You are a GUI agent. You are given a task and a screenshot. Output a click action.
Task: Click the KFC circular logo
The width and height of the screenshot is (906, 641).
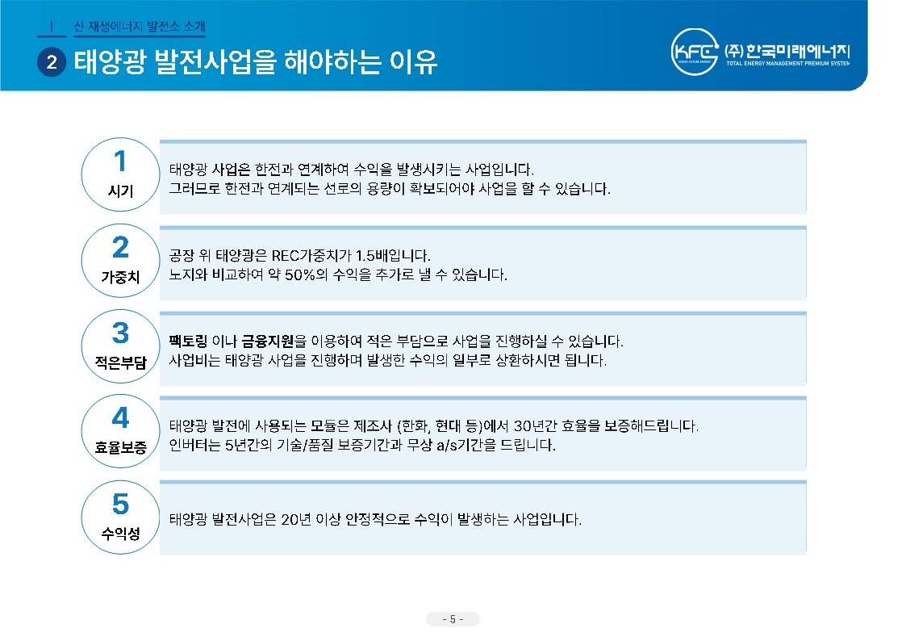point(696,52)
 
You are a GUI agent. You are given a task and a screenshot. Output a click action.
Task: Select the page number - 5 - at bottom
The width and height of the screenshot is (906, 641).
point(453,619)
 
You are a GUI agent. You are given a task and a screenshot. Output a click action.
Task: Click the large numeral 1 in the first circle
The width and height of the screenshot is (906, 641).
point(120,161)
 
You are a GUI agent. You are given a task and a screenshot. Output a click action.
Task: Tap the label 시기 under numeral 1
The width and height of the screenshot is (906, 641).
point(120,191)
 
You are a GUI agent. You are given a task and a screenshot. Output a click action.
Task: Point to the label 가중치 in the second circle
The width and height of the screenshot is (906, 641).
point(120,276)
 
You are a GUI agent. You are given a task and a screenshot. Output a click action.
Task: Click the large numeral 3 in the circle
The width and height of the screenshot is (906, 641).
point(120,333)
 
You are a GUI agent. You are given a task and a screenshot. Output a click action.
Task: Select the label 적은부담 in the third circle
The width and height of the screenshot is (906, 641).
point(120,362)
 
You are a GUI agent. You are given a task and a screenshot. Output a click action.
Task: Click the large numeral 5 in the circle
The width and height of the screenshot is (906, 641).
point(120,504)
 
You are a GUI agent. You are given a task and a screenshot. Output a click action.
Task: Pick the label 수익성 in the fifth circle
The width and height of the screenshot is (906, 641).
point(120,534)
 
